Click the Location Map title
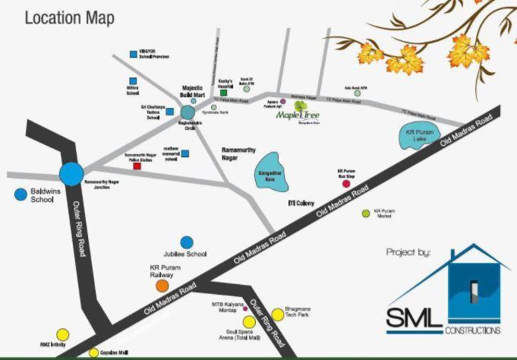69,18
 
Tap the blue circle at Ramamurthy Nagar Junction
72,174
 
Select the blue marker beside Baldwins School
20,194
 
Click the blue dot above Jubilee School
186,242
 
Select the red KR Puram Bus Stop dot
347,184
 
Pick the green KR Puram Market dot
366,213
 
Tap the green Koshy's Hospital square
224,93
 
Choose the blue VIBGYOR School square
134,54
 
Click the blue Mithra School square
134,81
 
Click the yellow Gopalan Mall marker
94,353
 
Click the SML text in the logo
415,317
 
